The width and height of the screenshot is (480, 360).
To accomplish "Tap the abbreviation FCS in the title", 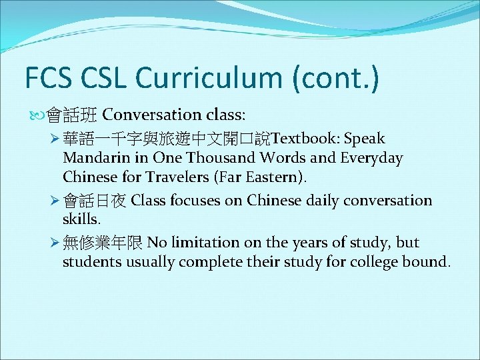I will [47, 78].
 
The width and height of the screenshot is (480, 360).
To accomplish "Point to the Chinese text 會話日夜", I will [95, 201].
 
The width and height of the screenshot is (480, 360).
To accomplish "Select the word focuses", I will [193, 201].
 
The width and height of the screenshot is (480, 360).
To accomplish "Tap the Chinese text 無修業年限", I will [103, 243].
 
